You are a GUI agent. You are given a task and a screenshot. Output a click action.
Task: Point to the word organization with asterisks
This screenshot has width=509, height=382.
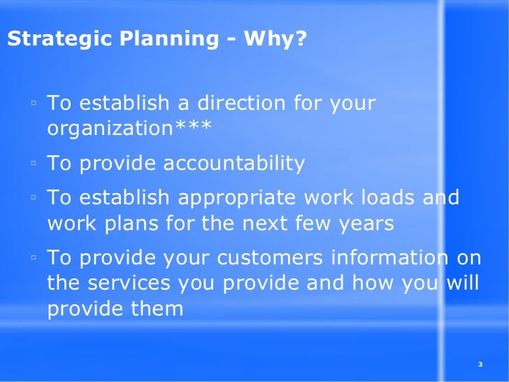pyautogui.click(x=129, y=129)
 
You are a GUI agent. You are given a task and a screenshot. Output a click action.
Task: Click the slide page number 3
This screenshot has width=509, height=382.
pyautogui.click(x=480, y=364)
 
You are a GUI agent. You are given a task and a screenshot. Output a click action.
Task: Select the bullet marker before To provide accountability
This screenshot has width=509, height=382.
pyautogui.click(x=33, y=165)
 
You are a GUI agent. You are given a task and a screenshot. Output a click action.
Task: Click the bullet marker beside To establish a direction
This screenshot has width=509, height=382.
pyautogui.click(x=33, y=105)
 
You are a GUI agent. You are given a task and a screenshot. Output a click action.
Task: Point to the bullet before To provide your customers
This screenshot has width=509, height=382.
pyautogui.click(x=33, y=259)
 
